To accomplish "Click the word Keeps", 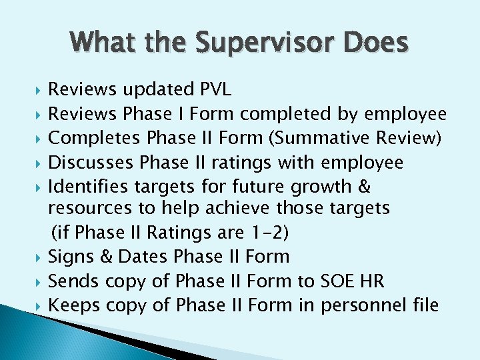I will tap(75, 305).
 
